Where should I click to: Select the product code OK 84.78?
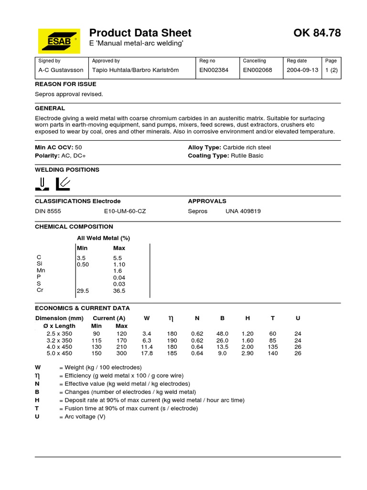[317, 33]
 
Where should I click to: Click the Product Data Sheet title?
[140, 33]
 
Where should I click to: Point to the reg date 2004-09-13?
[302, 70]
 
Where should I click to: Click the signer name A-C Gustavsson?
[60, 70]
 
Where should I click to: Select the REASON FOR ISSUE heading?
[65, 84]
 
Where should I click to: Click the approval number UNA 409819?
[243, 211]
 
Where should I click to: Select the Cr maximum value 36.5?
[119, 290]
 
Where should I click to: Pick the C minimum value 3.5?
[81, 257]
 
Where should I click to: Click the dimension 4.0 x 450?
[59, 347]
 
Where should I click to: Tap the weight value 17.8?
[147, 354]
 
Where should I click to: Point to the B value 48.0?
[223, 334]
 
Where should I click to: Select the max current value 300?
[121, 354]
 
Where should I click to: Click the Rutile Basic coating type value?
[247, 156]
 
